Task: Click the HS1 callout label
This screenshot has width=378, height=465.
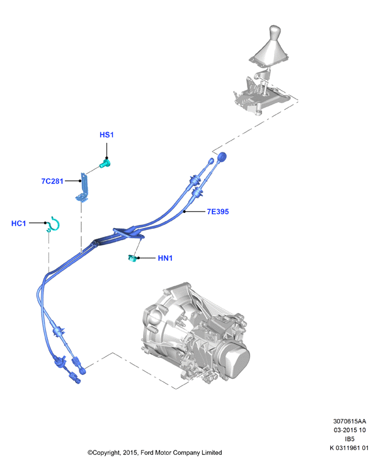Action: (106, 135)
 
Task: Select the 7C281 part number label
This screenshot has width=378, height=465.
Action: (52, 181)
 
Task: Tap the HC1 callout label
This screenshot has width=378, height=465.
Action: (18, 223)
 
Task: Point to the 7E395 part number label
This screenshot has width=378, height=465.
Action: (218, 212)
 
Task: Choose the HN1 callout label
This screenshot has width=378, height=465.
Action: (165, 258)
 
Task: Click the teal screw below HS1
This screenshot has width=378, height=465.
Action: (105, 163)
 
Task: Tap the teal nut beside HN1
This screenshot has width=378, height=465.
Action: (132, 258)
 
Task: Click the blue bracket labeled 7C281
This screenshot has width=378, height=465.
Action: (83, 188)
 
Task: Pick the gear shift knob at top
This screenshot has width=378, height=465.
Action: (275, 33)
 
